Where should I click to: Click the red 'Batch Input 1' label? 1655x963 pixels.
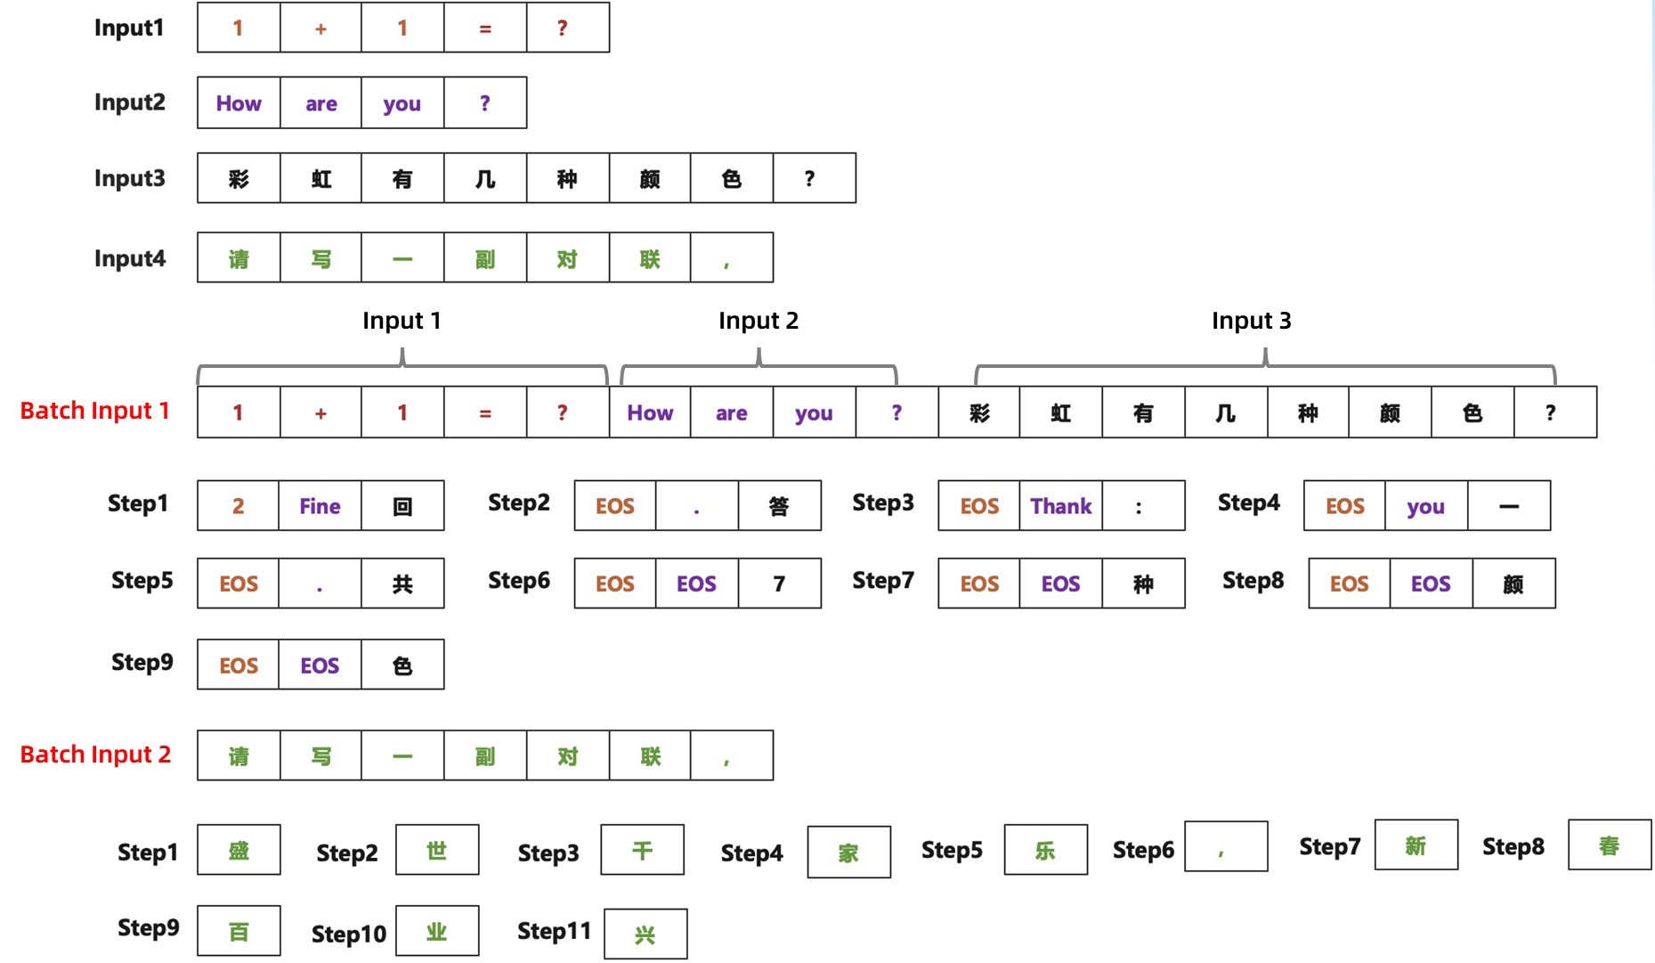[94, 411]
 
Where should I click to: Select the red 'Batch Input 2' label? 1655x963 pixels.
[95, 755]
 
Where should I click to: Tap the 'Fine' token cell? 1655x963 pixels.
[320, 506]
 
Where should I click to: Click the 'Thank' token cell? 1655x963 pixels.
[1060, 506]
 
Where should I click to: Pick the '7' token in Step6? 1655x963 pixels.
[779, 584]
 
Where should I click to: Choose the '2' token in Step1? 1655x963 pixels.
[238, 506]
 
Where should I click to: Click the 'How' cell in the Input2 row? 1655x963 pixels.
[239, 103]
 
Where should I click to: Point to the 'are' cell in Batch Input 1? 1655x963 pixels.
[731, 412]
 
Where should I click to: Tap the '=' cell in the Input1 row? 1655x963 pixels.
[485, 29]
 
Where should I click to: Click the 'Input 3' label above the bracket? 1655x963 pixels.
[1251, 321]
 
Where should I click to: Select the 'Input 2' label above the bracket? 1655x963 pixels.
[759, 321]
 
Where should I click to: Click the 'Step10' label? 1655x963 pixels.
[349, 934]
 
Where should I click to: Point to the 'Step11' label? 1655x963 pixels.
[554, 932]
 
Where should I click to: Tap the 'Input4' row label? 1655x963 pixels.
[130, 258]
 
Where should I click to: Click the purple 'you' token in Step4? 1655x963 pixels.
[1425, 506]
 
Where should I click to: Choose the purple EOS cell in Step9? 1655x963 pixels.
[320, 665]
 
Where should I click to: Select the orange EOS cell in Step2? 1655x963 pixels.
[614, 506]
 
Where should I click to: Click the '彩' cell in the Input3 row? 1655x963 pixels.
[239, 179]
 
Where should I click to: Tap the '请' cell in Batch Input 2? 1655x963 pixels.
[239, 756]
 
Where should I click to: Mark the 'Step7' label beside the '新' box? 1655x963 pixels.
[1329, 846]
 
